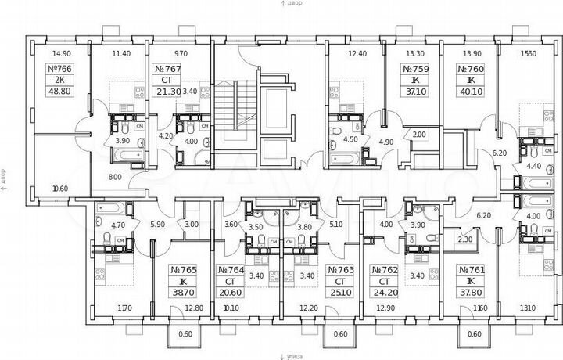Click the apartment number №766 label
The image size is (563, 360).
[x=60, y=69]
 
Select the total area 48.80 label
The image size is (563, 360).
[x=60, y=90]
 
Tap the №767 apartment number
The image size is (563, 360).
[x=167, y=69]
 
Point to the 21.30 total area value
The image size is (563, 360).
[x=166, y=91]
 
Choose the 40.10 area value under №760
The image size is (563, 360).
[x=470, y=90]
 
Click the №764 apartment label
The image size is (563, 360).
[x=230, y=269]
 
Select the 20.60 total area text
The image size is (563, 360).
[x=230, y=291]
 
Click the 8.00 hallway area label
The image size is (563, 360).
[x=115, y=178]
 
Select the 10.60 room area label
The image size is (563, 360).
[x=60, y=189]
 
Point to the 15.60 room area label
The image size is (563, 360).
[x=528, y=53]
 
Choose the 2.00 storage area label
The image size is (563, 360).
[x=418, y=134]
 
